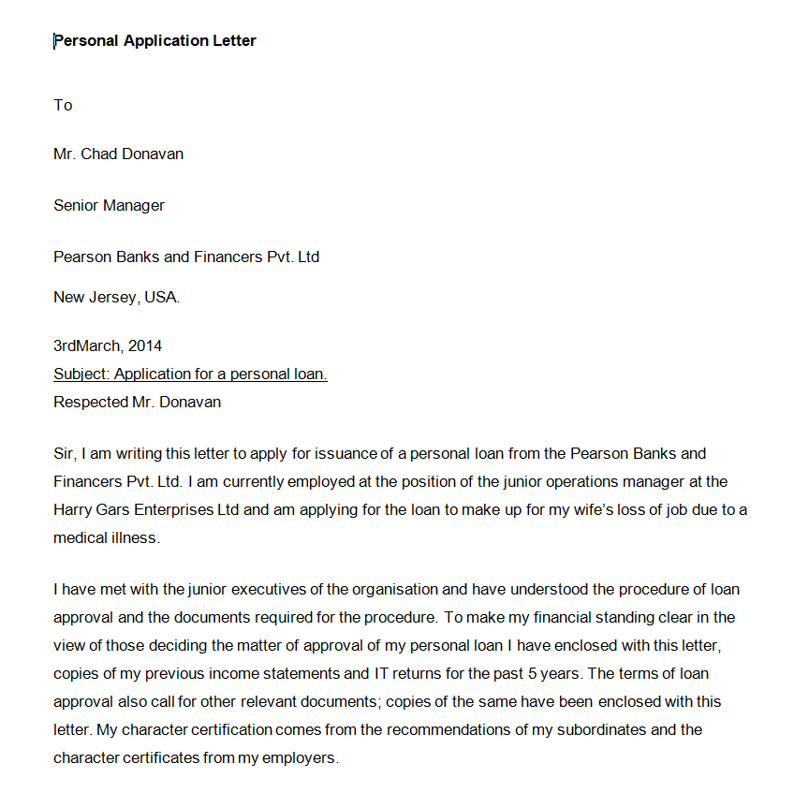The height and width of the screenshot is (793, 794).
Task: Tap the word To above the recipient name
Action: pyautogui.click(x=63, y=105)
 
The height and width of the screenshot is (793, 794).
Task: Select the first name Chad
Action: pyautogui.click(x=99, y=154)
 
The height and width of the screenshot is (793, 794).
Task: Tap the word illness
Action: pyautogui.click(x=135, y=538)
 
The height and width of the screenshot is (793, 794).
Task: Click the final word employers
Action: pyautogui.click(x=300, y=757)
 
